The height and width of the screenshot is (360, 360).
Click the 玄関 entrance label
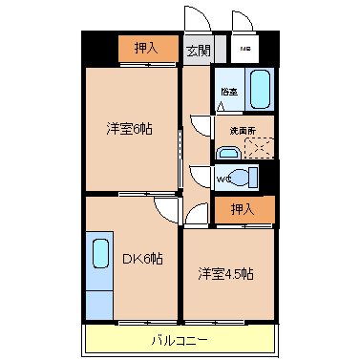[198, 51]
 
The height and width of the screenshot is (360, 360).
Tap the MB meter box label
[245, 50]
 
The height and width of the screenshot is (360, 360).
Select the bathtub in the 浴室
[259, 89]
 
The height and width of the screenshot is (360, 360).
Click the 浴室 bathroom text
[229, 92]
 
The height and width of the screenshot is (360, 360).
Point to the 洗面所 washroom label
[239, 130]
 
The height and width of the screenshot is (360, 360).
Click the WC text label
[222, 178]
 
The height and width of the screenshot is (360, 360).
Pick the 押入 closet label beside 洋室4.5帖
[244, 209]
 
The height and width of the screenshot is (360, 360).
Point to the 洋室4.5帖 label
[226, 274]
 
